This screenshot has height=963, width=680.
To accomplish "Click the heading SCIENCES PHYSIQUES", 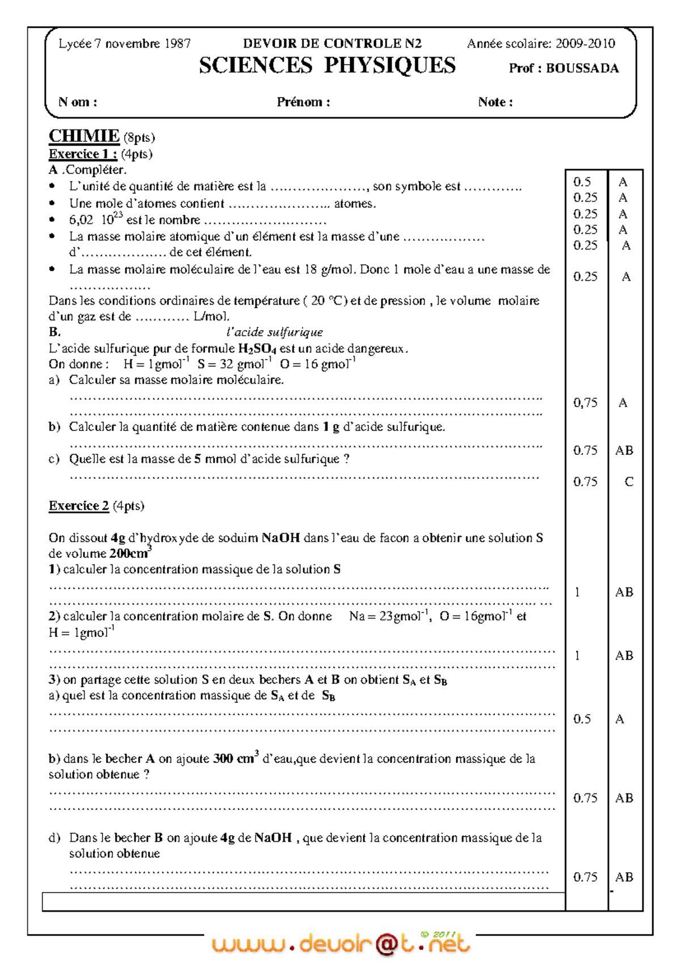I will point(327,66).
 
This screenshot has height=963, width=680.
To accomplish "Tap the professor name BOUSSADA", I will point(582,69).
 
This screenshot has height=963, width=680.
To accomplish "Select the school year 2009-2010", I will point(585,44).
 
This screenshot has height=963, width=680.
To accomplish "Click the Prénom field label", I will point(303,102).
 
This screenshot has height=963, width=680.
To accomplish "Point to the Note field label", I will point(495,102).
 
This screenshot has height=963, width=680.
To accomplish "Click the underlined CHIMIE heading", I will point(84,136).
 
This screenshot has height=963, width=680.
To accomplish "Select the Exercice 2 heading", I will point(78,506).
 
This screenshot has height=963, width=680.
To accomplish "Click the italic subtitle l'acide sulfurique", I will point(274,332).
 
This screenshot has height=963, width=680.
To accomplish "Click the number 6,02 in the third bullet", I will point(81,220).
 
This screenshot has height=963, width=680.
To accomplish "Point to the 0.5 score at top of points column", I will point(582,182).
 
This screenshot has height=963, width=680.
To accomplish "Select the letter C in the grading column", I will point(628,482).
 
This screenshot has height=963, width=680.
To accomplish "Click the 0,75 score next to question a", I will point(585,403).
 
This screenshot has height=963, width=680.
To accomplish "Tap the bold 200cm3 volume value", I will point(130,553).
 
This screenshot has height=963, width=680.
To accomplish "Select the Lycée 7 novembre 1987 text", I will point(125,44).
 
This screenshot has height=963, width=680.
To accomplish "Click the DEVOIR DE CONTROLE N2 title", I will point(332,44).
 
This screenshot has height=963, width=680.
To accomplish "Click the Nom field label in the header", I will point(78,102).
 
